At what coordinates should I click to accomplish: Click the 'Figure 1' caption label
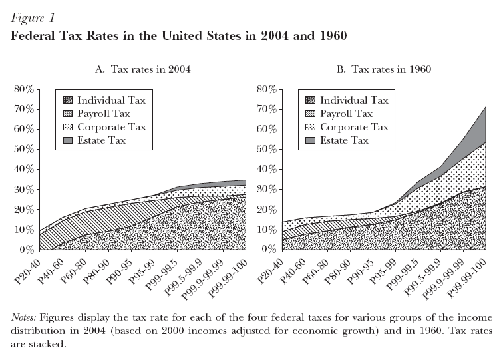click(33, 18)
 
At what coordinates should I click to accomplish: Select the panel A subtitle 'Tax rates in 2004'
click(150, 69)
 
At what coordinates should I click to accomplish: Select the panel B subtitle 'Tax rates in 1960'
click(391, 69)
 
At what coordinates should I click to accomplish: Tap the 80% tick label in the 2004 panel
click(24, 89)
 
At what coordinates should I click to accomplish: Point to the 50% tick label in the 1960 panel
click(267, 149)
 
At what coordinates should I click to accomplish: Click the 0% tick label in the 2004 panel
click(27, 250)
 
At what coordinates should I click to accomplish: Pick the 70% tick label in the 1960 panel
click(267, 109)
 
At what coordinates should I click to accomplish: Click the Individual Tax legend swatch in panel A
click(68, 100)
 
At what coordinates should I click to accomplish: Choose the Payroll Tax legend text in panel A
click(104, 114)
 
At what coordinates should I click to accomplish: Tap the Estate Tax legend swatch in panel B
click(310, 140)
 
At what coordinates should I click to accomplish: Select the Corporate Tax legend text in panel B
click(354, 127)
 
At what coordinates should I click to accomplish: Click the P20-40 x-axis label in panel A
click(28, 271)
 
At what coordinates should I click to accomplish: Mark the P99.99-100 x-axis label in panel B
click(467, 277)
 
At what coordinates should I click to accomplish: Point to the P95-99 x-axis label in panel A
click(142, 271)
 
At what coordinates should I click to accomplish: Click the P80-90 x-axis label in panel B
click(338, 271)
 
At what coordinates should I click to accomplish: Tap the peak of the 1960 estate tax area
click(486, 106)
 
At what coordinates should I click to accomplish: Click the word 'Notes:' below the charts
click(24, 317)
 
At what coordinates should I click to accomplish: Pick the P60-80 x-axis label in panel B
click(315, 271)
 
